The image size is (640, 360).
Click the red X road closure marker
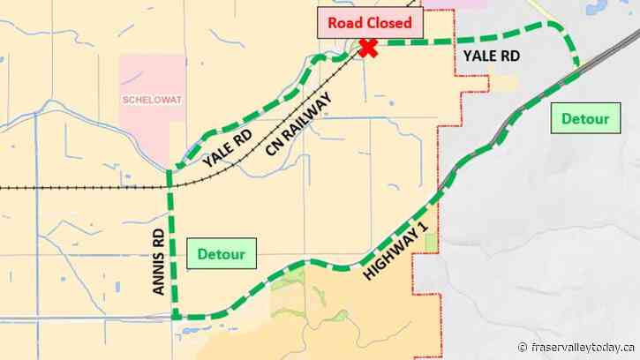coord(367,49)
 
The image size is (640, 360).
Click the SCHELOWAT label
coord(152,100)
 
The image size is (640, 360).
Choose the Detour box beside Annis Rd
coord(221,255)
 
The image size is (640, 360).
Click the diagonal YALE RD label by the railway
coord(227,148)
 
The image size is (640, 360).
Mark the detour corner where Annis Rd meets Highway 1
coord(174,316)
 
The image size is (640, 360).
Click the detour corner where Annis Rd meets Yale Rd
coord(169,170)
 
